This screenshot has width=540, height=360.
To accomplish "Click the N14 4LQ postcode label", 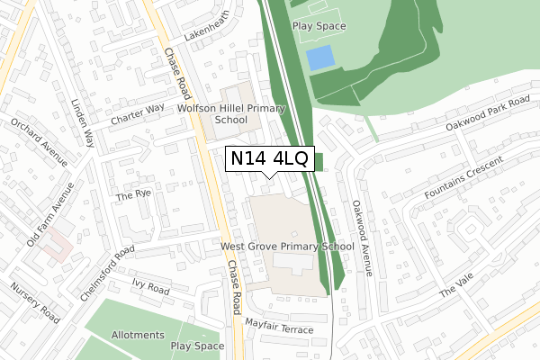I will tap(269, 159).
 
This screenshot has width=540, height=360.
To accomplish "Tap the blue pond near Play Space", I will tap(319, 59).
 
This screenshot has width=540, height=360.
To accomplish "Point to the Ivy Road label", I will tap(150, 289).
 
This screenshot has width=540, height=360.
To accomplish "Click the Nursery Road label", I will tap(34, 303).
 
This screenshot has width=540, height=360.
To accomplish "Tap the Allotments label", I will tap(138, 335).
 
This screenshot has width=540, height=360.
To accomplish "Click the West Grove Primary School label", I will tap(287, 246).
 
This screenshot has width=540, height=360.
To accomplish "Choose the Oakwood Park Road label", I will tap(476, 112).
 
